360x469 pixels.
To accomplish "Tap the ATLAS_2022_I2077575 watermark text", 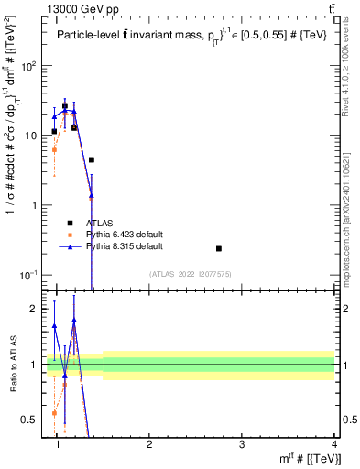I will (x=191, y=274).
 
